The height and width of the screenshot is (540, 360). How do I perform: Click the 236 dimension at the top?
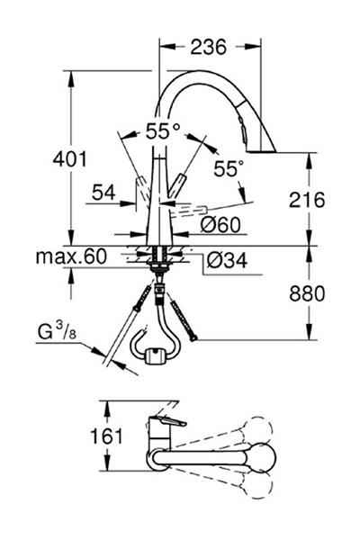[202, 47]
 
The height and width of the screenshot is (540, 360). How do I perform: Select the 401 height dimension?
[67, 160]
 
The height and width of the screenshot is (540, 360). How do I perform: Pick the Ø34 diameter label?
[228, 261]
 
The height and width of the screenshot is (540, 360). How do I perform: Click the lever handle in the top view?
[167, 424]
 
